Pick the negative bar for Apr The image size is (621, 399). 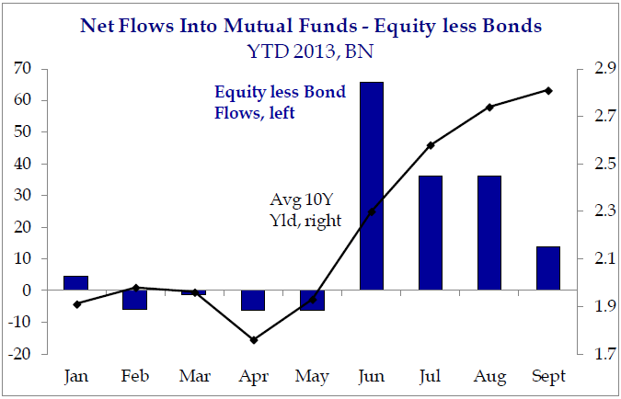(252, 301)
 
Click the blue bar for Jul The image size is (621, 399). (431, 233)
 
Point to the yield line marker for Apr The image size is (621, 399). (254, 340)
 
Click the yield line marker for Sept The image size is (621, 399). (549, 90)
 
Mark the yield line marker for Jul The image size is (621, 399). (431, 145)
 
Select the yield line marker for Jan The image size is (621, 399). (76, 303)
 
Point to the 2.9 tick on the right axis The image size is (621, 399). (593, 69)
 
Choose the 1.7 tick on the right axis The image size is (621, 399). (593, 354)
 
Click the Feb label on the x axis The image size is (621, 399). (135, 376)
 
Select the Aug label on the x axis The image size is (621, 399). (489, 376)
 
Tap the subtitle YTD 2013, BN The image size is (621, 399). (310, 51)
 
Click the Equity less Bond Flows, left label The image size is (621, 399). (260, 102)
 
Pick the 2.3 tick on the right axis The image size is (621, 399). (593, 211)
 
